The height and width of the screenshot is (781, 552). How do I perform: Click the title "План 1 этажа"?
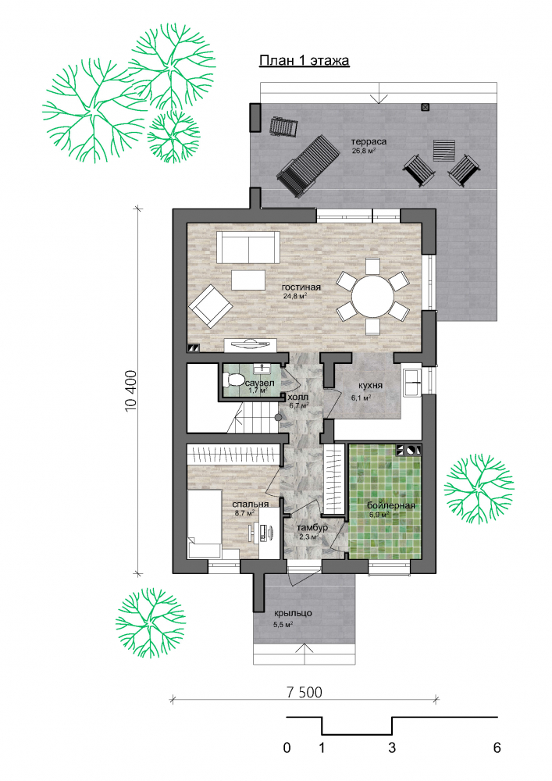click(x=304, y=61)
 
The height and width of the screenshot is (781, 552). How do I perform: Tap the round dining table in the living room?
click(x=372, y=296)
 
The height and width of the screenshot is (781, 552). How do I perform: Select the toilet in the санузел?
click(x=234, y=380)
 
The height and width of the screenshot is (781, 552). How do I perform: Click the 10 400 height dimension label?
click(x=130, y=391)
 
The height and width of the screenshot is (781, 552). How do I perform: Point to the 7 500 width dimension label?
click(x=304, y=692)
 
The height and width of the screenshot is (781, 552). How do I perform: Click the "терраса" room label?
click(x=369, y=141)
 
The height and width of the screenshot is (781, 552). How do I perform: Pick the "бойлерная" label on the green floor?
click(x=391, y=506)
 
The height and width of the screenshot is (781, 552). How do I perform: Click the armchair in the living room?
click(x=211, y=306)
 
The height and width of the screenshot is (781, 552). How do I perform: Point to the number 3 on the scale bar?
click(x=392, y=747)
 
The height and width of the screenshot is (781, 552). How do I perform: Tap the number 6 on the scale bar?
click(x=497, y=747)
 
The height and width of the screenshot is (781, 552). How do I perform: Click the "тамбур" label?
click(x=312, y=528)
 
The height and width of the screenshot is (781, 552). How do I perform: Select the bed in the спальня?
click(x=204, y=523)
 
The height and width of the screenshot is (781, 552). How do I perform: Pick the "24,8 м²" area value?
click(x=294, y=296)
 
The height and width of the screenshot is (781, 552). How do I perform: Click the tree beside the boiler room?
click(x=479, y=488)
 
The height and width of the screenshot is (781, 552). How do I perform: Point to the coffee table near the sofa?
click(x=248, y=280)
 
